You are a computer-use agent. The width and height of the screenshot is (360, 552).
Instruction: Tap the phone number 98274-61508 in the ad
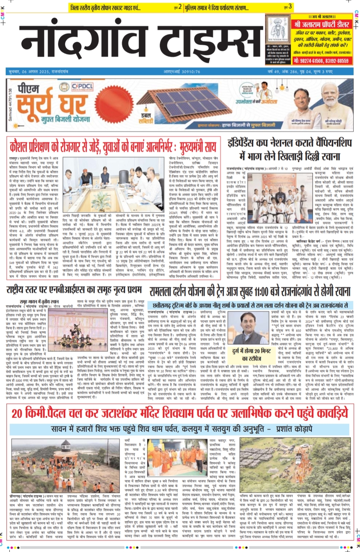[309, 61]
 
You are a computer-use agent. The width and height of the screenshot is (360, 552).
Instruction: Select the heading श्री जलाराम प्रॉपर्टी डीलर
[322, 24]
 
